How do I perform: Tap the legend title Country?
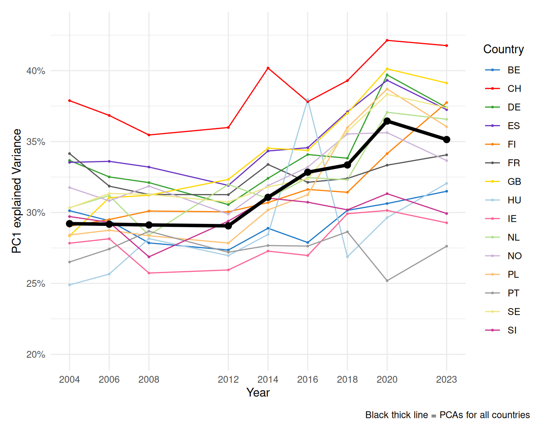[503, 49]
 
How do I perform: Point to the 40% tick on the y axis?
[35, 71]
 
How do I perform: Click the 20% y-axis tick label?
[35, 355]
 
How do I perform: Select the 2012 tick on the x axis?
[228, 380]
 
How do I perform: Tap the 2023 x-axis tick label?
[446, 380]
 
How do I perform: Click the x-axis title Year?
[258, 393]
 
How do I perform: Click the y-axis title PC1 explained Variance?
[17, 191]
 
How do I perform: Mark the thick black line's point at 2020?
[387, 121]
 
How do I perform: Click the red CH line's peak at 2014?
[268, 68]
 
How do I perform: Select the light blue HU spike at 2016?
[308, 100]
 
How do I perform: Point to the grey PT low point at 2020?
[387, 281]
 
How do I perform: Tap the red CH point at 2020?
[387, 40]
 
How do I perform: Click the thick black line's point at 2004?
[69, 223]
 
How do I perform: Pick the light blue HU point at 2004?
[69, 285]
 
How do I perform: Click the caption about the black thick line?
[447, 415]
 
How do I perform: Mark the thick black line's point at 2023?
[446, 140]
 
